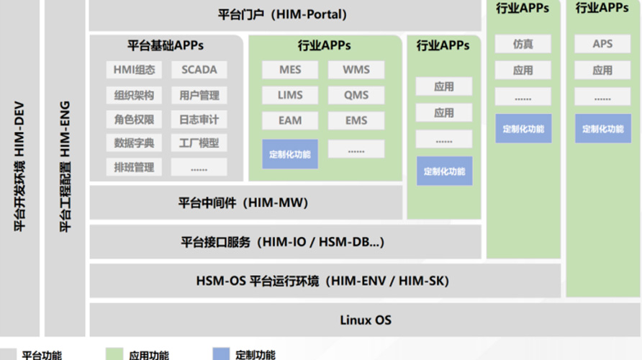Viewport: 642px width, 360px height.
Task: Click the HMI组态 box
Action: [134, 70]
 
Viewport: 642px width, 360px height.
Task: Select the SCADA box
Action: [199, 70]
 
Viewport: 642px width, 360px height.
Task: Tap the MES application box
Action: [290, 70]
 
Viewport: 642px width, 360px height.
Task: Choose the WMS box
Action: [356, 70]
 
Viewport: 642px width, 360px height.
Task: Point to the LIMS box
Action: [290, 95]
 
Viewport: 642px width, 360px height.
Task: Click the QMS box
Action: [356, 95]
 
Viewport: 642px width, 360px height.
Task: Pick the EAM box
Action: [290, 120]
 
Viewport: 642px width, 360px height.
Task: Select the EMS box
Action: [356, 120]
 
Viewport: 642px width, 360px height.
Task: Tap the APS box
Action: [602, 44]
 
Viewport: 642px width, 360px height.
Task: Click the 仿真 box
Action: [523, 44]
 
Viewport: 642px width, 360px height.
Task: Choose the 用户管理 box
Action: [199, 95]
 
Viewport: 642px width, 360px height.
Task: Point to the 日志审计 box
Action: [199, 120]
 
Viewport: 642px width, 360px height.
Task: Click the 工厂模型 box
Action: [199, 143]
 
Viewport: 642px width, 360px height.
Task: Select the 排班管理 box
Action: [134, 167]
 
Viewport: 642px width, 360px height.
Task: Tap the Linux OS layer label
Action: [366, 320]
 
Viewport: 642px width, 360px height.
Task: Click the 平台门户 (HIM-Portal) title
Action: [283, 14]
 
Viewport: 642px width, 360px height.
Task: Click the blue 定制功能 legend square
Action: [222, 354]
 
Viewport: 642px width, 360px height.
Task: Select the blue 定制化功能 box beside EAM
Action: [290, 154]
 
